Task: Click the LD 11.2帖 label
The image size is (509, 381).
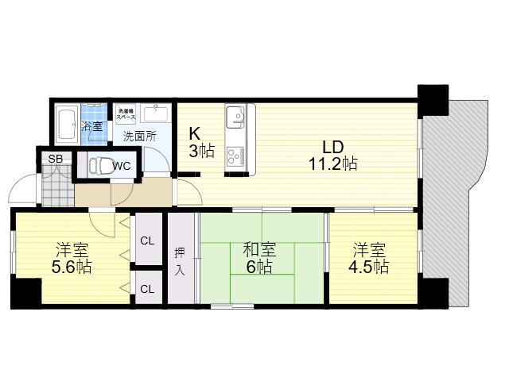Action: (332, 156)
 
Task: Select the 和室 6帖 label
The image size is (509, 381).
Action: (259, 259)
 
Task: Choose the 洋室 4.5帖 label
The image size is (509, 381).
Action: (371, 258)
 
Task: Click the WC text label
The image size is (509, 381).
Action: (122, 166)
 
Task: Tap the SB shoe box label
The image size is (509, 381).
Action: (55, 159)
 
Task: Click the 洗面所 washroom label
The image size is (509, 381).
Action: (138, 135)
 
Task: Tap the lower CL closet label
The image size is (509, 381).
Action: (147, 289)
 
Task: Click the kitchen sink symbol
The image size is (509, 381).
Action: (235, 119)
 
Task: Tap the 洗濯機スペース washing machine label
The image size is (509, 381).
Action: (126, 114)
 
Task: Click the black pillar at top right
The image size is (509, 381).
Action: (433, 98)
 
